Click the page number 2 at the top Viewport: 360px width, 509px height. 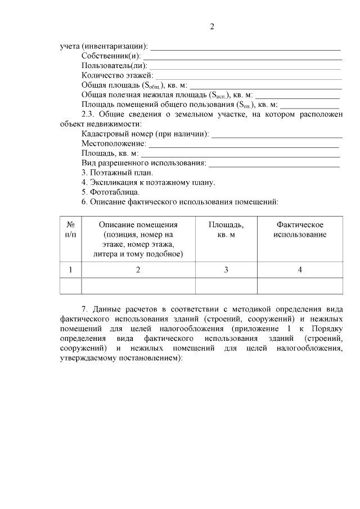click(x=212, y=26)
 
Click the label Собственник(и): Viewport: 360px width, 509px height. click(x=112, y=56)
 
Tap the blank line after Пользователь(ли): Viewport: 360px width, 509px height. click(x=248, y=67)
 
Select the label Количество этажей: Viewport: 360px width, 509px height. click(x=116, y=76)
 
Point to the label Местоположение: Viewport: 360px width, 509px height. click(x=114, y=144)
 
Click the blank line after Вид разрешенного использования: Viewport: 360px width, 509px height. click(x=274, y=164)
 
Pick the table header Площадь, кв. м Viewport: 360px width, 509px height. click(x=226, y=229)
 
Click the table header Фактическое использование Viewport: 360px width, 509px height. click(x=300, y=229)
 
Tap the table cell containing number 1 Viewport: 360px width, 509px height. click(x=71, y=270)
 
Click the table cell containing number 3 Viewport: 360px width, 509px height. click(x=226, y=270)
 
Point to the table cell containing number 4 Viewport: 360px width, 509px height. click(x=300, y=270)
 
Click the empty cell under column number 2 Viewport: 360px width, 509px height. click(x=138, y=286)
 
